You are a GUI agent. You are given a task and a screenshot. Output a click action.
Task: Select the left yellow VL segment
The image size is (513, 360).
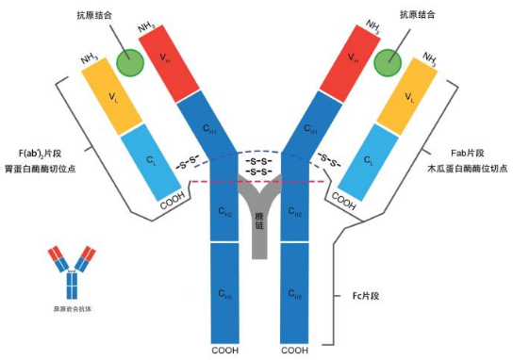click(x=111, y=97)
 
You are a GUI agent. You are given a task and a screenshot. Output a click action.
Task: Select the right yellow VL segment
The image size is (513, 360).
click(x=407, y=97)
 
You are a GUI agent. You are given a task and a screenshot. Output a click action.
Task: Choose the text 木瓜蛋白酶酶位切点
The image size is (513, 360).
click(x=464, y=171)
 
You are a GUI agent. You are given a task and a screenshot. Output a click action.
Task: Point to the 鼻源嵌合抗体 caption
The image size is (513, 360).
click(x=72, y=308)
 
